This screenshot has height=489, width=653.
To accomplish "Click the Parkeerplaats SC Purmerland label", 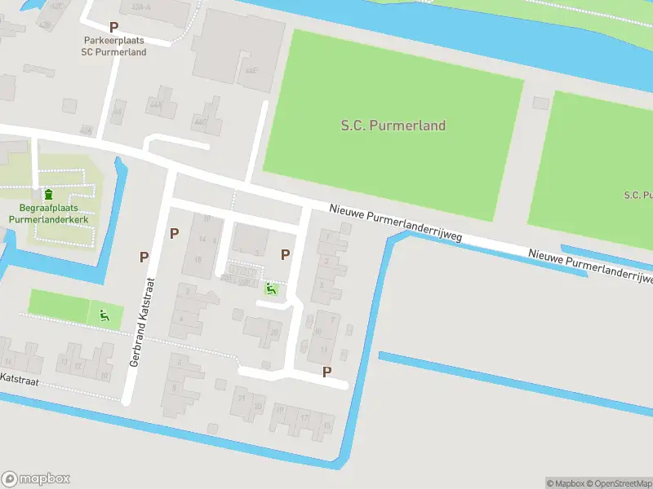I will coord(113,46).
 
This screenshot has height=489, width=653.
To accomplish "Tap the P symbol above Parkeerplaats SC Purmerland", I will coord(113,27).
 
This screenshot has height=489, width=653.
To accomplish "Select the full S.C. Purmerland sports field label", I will coord(393,126).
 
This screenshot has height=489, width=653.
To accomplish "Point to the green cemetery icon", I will coord(48,195).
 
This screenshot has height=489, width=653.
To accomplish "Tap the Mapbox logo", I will coord(36,479).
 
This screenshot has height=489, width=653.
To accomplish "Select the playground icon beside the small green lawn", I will coord(104,315).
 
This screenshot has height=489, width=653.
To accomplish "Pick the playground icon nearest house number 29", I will coord(271,288).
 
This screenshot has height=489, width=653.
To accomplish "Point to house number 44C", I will coord(198,122).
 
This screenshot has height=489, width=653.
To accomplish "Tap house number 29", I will coord(274,333).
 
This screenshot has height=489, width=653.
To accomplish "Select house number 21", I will coord(241,398).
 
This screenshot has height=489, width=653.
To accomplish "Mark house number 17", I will coord(304,417).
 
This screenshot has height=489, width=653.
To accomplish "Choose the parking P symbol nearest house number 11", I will coord(327,372).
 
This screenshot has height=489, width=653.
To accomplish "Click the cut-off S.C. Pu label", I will coord(637,195).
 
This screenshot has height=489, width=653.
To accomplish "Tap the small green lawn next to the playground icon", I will coord(59,305).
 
